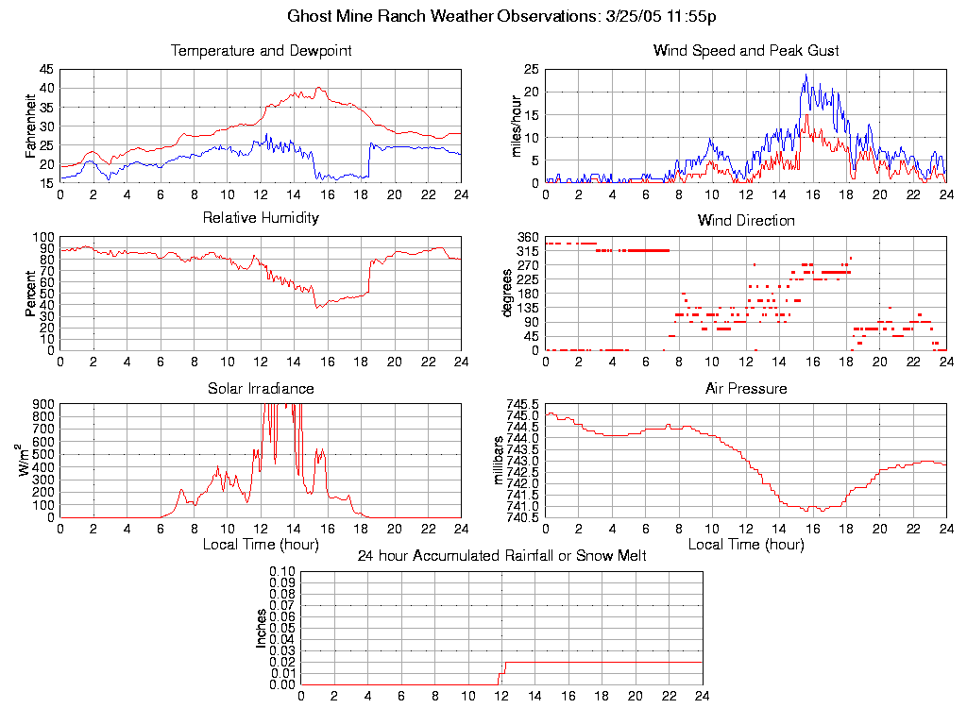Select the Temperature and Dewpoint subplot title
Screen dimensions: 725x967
click(x=261, y=51)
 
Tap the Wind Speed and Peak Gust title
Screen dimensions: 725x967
click(x=746, y=51)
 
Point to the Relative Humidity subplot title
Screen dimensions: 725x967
click(x=261, y=218)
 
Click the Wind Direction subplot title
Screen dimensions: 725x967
click(x=746, y=221)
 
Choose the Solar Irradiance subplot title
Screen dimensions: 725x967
click(x=261, y=388)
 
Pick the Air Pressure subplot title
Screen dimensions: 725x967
click(x=746, y=388)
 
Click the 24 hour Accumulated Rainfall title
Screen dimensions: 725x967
click(x=501, y=556)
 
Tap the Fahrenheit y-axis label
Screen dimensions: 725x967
click(x=31, y=126)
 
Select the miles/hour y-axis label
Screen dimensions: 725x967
click(x=517, y=126)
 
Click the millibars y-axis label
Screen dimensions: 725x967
click(x=500, y=460)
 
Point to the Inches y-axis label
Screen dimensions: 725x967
click(x=262, y=628)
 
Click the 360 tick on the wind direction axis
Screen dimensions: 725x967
click(x=528, y=237)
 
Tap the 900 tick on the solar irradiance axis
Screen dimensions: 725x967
click(x=43, y=404)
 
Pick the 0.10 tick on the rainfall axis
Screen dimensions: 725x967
click(x=283, y=571)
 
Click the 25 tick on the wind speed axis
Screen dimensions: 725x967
click(x=532, y=69)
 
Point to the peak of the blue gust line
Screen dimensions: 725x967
click(x=806, y=76)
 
